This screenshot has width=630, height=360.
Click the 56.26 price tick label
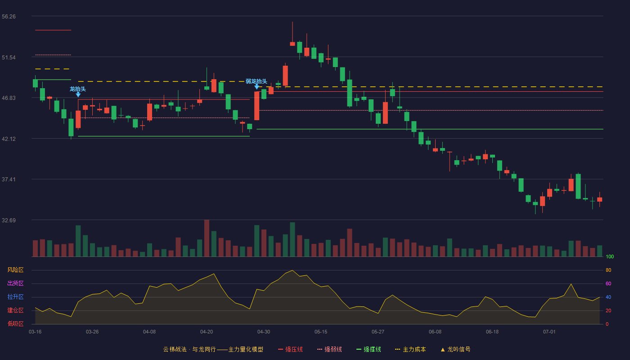(9, 17)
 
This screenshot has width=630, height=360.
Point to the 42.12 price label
(9, 139)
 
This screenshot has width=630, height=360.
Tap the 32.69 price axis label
(9, 220)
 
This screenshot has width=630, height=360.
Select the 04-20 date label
(207, 332)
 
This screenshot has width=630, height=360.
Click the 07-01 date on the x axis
(549, 332)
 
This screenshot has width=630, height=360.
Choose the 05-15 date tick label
(321, 332)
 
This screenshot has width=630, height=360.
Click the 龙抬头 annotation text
(77, 89)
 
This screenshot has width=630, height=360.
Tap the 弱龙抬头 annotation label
(256, 81)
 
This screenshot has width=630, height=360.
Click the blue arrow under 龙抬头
(78, 95)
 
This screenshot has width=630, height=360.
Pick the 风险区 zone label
(15, 270)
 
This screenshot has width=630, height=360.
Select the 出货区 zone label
(15, 283)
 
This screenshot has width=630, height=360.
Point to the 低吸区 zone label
(15, 324)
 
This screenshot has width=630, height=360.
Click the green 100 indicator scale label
(610, 256)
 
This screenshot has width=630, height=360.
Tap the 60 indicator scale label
(608, 283)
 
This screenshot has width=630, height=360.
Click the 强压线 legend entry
(291, 349)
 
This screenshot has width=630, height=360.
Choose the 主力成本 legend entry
(410, 349)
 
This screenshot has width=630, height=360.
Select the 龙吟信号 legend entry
(455, 349)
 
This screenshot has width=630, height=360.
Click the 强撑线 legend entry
(369, 349)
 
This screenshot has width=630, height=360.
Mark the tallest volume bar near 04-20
(207, 238)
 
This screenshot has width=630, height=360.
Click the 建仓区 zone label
(15, 310)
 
